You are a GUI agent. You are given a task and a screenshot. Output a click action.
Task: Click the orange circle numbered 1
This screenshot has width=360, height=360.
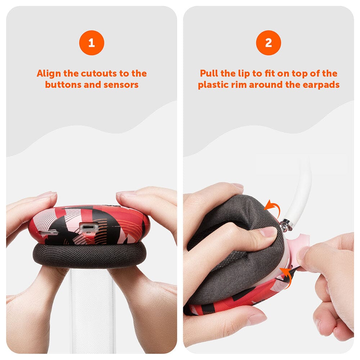[x=91, y=42]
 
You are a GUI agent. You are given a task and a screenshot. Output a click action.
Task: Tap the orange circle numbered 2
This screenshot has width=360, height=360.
[x=268, y=42]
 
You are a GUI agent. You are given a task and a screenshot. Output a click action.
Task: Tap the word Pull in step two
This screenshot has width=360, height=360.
[x=210, y=73]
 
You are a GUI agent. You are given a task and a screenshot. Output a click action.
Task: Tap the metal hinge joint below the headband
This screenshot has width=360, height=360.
[x=287, y=225]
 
